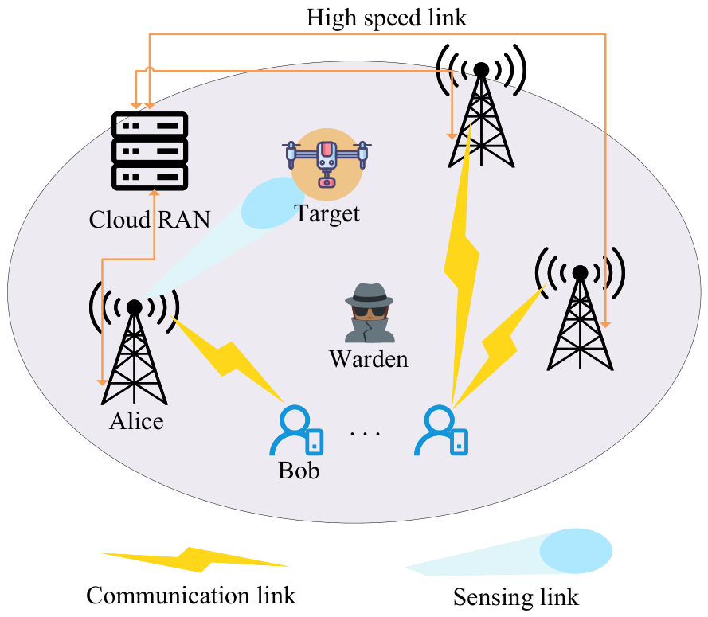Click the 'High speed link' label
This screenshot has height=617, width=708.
point(386,18)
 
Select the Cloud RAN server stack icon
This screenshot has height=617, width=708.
point(150,151)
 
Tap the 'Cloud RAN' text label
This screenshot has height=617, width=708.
point(150,220)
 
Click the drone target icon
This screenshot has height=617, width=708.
point(327,164)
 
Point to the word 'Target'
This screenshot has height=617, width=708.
point(327,213)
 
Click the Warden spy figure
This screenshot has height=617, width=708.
point(370,313)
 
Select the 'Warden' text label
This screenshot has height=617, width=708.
point(369,359)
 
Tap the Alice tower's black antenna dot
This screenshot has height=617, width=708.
point(134,307)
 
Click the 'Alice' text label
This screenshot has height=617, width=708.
point(136,421)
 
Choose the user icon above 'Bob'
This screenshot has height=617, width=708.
point(296,430)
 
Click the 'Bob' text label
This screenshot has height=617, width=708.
point(299,471)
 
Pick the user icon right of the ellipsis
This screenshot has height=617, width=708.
point(440,430)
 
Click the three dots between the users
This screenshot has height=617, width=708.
point(366,434)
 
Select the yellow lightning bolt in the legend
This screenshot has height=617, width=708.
point(194,560)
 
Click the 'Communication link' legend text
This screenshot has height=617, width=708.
point(190,596)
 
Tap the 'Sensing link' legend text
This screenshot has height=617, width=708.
point(515,597)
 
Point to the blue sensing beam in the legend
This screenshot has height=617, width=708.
point(508,553)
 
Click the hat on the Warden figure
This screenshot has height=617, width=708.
point(370,295)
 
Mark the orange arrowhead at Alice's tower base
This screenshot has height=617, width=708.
point(103,382)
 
